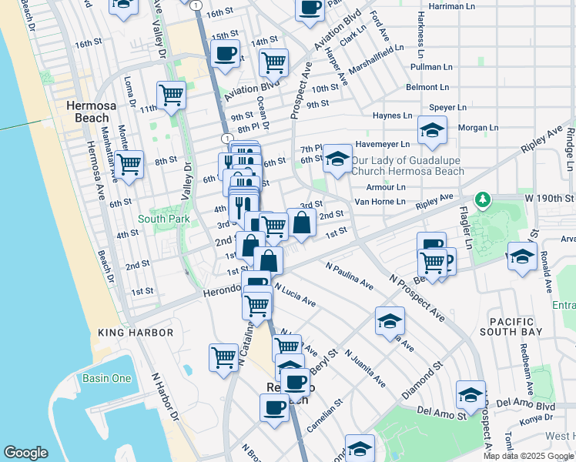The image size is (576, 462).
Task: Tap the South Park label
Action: (163, 219)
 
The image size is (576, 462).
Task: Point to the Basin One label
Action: (106, 378)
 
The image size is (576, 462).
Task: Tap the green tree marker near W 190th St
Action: (483, 200)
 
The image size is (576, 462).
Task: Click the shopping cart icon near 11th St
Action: (171, 95)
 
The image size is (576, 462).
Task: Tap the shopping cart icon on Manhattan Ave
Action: (129, 164)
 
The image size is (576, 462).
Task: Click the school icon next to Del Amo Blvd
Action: (470, 396)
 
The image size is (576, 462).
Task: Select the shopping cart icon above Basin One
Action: (223, 357)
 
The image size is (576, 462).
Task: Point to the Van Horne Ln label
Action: (380, 202)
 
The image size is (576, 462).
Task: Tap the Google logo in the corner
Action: (25, 453)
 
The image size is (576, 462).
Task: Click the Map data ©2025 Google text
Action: (528, 456)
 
